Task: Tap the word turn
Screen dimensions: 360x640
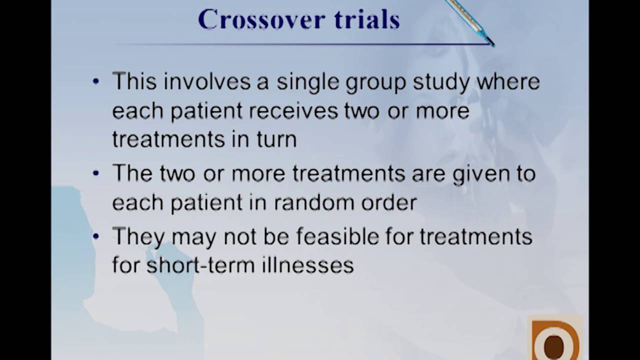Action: tap(277, 139)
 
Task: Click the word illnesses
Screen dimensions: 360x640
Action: tap(308, 264)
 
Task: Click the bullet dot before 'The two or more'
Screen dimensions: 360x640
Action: tap(96, 174)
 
